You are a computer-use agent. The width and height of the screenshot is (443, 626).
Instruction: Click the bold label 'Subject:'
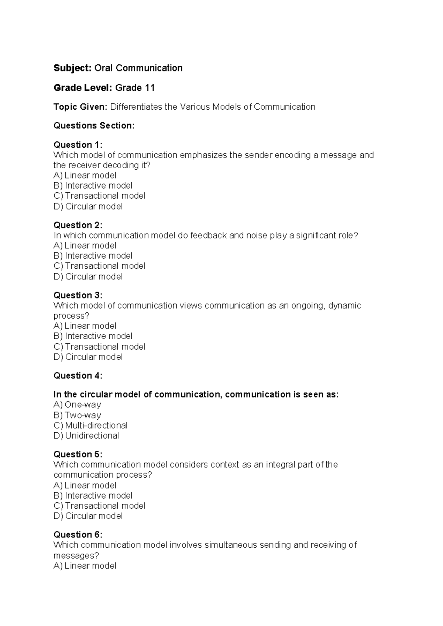click(72, 68)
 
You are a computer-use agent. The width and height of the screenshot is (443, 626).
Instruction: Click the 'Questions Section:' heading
click(94, 126)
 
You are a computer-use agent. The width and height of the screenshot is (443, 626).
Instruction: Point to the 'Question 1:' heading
click(78, 145)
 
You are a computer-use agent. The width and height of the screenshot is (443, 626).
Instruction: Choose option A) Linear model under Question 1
click(85, 175)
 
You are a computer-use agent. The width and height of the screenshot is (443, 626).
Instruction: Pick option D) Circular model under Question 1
click(88, 206)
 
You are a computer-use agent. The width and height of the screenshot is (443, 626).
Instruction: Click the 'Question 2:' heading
click(78, 225)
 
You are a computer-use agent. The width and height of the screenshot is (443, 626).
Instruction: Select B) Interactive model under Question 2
click(93, 256)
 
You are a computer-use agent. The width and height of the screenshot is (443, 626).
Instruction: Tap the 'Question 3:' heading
click(78, 295)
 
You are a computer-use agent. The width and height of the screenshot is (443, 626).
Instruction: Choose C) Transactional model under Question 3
click(99, 347)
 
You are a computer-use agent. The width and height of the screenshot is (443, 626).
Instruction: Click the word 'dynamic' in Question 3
click(345, 306)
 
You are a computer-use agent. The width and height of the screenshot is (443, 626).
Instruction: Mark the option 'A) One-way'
click(77, 405)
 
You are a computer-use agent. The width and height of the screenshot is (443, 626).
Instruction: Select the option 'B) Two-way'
click(77, 415)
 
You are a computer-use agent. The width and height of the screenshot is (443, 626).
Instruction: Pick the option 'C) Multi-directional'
click(90, 426)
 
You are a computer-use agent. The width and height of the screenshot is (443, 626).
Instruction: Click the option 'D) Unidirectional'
click(86, 436)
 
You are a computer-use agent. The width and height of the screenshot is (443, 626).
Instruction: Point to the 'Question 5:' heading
click(78, 454)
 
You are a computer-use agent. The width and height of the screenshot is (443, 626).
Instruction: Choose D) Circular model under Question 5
click(88, 516)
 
